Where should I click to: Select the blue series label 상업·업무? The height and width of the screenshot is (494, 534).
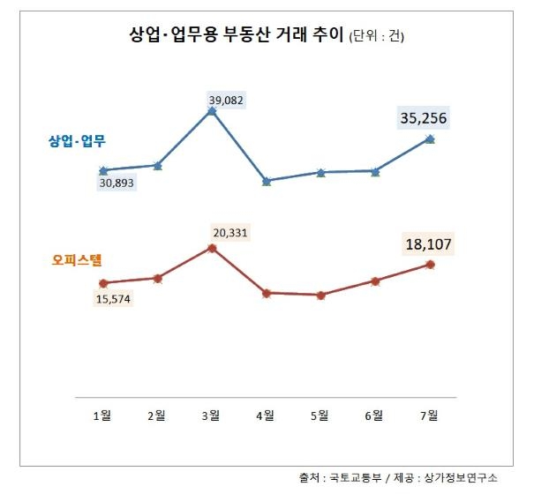point(77,142)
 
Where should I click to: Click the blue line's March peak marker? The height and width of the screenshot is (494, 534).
point(212,112)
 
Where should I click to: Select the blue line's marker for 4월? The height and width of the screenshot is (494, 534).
point(267,181)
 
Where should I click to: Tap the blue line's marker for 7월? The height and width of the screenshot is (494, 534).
point(430,138)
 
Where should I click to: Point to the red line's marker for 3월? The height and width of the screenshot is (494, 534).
point(212,248)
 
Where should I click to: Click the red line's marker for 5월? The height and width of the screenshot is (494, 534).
point(320,295)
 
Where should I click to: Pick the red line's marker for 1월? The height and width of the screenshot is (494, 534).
point(103,283)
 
